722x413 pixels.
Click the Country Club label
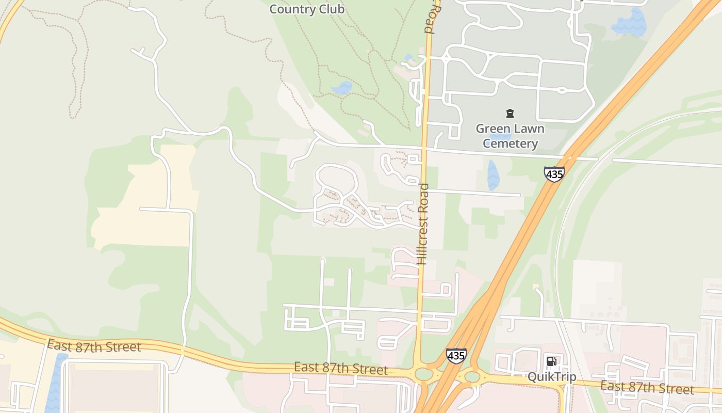point(307,9)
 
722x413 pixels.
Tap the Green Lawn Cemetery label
point(510,136)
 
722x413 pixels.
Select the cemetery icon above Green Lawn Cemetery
point(510,114)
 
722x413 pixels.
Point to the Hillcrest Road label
point(423,224)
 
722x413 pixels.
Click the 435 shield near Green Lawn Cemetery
point(554,174)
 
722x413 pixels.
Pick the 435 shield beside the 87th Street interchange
point(456,355)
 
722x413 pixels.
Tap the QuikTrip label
point(551,377)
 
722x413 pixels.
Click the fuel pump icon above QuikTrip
point(551,361)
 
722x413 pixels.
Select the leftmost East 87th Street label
point(94,346)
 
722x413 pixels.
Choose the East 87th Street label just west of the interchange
point(341,369)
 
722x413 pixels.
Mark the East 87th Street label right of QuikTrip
point(647,387)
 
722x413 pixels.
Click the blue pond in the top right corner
point(630,23)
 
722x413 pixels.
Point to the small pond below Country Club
point(341,88)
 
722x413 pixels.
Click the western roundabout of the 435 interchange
point(424,374)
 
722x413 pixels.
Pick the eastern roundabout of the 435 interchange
point(472,377)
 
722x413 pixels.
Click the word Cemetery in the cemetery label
point(510,144)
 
